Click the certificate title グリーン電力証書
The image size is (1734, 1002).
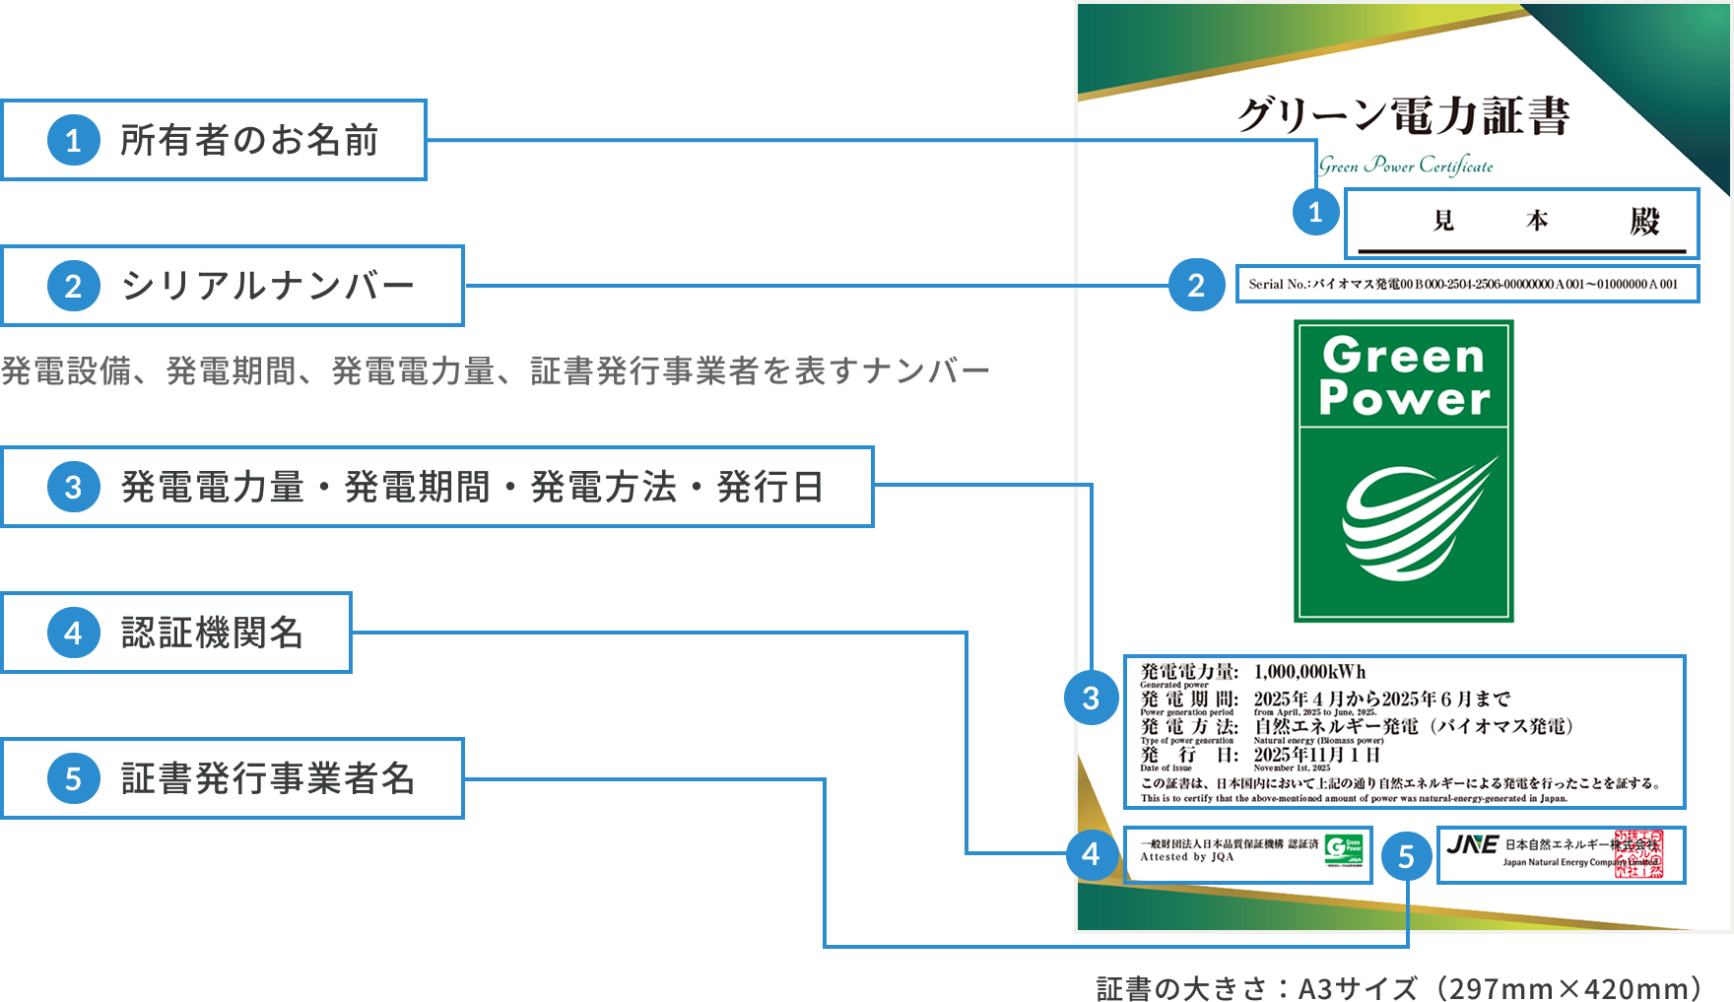tap(1403, 115)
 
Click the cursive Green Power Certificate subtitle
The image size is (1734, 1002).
tap(1406, 166)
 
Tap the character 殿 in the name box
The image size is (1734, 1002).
tap(1644, 221)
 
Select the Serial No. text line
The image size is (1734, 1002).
tap(1463, 284)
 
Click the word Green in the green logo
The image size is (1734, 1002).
tap(1403, 356)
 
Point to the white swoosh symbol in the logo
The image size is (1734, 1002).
tap(1416, 522)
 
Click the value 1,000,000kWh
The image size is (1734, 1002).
tap(1309, 672)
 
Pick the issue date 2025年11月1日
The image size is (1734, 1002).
tap(1316, 755)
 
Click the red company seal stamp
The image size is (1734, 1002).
tap(1637, 854)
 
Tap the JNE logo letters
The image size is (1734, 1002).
tap(1472, 844)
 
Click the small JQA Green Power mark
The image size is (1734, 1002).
tap(1344, 850)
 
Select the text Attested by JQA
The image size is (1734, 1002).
tap(1186, 857)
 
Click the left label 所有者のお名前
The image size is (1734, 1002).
tap(249, 140)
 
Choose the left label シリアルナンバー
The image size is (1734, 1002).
tap(267, 286)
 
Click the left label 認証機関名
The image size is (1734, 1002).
tap(212, 633)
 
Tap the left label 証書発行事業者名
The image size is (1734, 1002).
tap(267, 778)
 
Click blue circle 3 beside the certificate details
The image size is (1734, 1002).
tap(1091, 699)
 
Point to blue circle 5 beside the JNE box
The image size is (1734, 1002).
tap(1406, 857)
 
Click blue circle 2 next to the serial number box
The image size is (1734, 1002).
tap(1196, 285)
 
